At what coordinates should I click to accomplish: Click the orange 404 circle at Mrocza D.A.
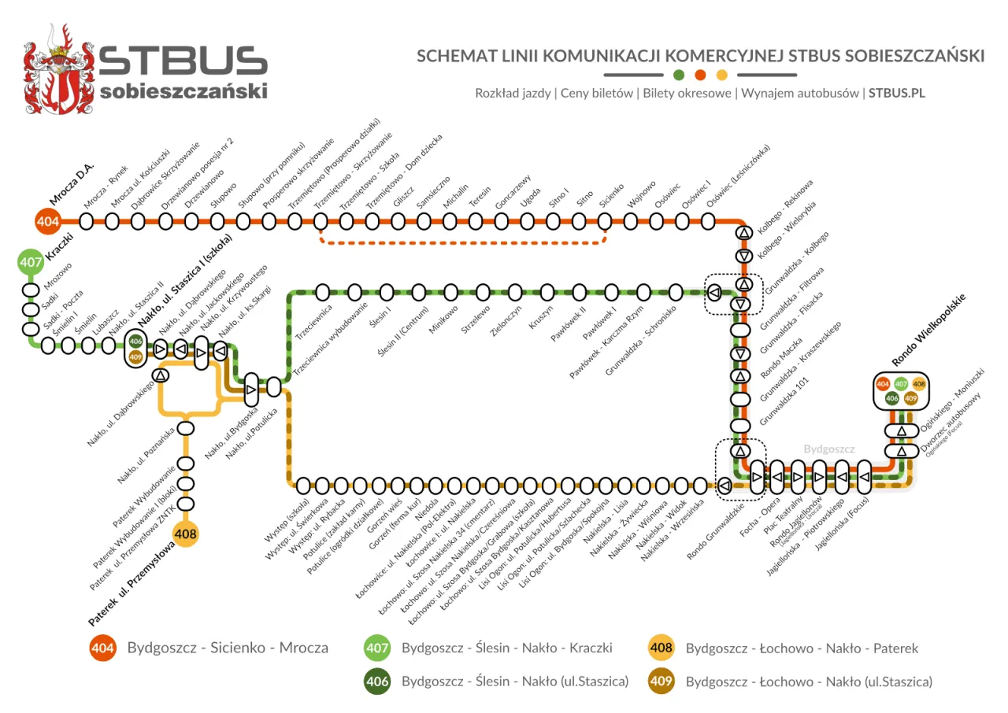coord(48,222)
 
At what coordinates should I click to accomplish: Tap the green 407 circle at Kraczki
coord(31,263)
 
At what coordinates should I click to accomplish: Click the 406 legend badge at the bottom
coord(377,682)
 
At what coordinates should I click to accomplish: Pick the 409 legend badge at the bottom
coord(661,682)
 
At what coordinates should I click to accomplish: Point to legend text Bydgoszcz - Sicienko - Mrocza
coord(228,648)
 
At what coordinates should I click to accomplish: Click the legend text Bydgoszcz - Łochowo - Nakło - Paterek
coord(802,648)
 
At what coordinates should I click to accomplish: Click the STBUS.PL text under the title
coord(896,93)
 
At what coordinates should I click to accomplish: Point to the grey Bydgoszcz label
coord(828,449)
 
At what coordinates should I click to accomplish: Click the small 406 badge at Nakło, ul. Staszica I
coord(135,342)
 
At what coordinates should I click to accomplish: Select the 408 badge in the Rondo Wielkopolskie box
coord(919,384)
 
